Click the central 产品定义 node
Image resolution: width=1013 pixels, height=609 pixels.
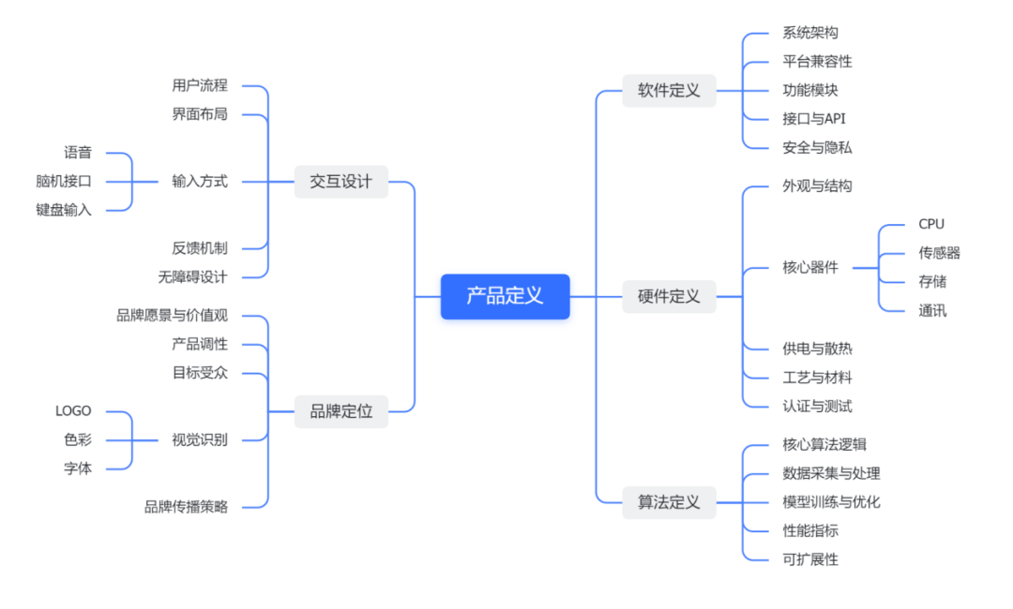505,296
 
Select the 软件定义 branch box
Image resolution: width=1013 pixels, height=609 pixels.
669,91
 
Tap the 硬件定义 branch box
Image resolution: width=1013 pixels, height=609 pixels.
669,296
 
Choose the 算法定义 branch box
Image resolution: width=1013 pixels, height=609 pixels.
669,502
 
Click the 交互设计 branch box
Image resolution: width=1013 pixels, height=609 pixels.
340,182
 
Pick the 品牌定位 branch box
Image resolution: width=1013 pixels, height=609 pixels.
340,410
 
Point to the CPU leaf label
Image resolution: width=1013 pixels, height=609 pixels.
931,224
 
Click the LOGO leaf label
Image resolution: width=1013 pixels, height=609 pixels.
73,410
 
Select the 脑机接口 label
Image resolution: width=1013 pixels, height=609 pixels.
64,182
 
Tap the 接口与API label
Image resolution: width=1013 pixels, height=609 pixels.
814,119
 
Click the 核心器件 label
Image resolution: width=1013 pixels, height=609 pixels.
810,267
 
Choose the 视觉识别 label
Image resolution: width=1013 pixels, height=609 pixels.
200,439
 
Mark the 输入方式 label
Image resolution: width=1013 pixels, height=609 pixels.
200,182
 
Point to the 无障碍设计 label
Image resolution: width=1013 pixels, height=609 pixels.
192,277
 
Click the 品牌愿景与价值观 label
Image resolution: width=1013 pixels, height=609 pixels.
172,316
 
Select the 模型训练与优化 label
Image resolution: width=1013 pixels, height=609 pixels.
831,502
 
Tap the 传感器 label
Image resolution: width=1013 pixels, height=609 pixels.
939,253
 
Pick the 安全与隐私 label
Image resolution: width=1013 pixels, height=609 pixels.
817,148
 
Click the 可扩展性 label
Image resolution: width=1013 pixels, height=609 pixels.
810,559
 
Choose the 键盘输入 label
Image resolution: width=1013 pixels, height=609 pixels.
64,210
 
